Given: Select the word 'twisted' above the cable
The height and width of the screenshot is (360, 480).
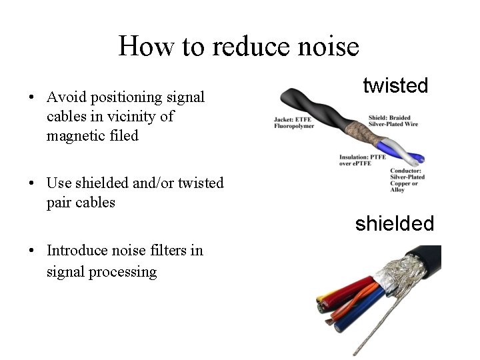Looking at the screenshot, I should pos(395,85).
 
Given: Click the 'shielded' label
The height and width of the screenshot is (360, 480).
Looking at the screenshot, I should pos(394,223).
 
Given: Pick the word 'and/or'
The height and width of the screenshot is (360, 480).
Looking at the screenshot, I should pos(139,183).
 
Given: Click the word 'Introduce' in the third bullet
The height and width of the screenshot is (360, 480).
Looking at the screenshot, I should pos(77,251).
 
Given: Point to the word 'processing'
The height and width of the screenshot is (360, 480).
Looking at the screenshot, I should pos(125,271).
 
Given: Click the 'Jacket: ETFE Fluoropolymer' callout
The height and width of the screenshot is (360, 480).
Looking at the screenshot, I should pos(294,123).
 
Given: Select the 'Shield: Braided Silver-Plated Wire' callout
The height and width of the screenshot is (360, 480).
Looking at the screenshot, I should pos(392,121).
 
